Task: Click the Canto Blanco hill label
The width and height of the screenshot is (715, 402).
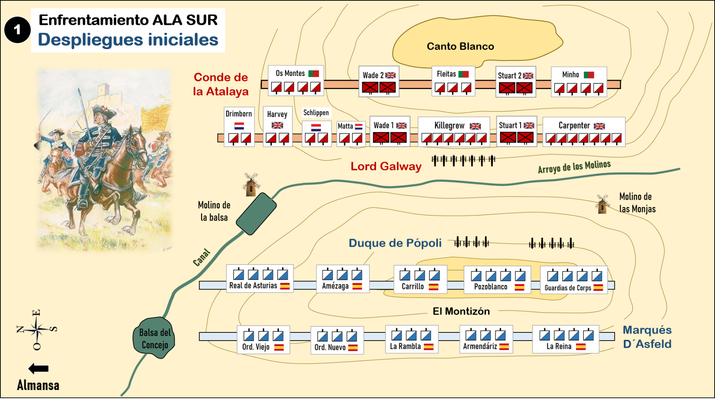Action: (460, 47)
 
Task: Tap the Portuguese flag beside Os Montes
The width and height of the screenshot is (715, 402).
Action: (314, 74)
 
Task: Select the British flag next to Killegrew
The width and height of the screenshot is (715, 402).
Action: (475, 126)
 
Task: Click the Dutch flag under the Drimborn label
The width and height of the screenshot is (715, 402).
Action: (239, 126)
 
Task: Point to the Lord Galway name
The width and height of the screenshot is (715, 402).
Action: (386, 166)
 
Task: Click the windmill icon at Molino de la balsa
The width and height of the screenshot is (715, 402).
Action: (251, 184)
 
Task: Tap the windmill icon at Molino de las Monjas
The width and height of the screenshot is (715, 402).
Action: (602, 204)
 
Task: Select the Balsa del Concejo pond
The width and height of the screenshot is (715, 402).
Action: (154, 338)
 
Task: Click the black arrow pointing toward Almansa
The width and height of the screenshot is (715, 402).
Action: (38, 369)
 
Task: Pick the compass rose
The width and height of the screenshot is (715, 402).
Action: (36, 329)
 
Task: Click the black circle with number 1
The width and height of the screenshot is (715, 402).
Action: (17, 30)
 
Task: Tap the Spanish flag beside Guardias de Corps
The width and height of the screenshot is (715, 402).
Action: (598, 288)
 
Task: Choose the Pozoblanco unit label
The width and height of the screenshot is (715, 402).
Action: (490, 287)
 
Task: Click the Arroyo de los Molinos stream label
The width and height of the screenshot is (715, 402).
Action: (574, 167)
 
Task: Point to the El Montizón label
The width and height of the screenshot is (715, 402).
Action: (461, 311)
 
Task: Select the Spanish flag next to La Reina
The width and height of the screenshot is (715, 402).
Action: (581, 347)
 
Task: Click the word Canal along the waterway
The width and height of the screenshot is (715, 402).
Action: (201, 257)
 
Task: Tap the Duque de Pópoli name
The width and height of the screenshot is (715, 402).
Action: (395, 243)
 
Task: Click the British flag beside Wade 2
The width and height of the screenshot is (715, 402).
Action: (390, 76)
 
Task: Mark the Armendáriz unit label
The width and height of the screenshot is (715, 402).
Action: (480, 347)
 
